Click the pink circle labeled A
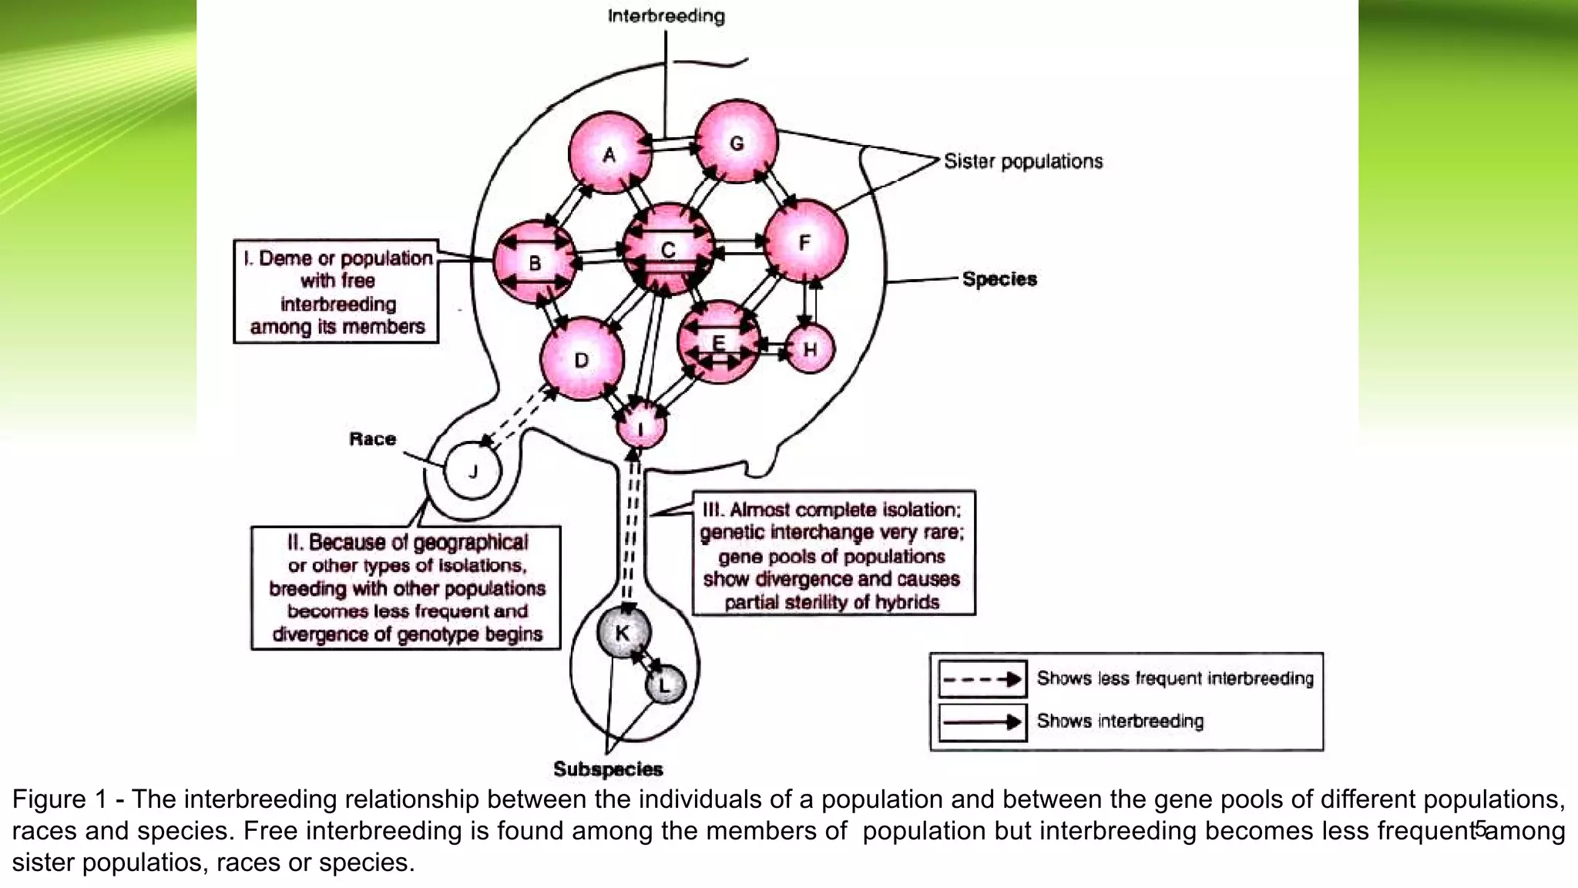[609, 153]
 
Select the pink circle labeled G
[737, 142]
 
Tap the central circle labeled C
[668, 249]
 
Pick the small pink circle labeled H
[810, 349]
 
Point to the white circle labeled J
[473, 471]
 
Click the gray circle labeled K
[623, 633]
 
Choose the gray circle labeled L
[665, 684]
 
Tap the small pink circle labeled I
[641, 426]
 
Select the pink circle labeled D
[582, 359]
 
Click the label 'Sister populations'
[1022, 161]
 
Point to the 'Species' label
[999, 279]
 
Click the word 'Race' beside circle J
[372, 439]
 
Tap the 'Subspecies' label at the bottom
[608, 769]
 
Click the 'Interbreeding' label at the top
[666, 16]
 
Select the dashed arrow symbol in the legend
[982, 679]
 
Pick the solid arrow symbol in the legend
[982, 722]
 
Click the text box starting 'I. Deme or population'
[337, 291]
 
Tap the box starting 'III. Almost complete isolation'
[833, 553]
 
